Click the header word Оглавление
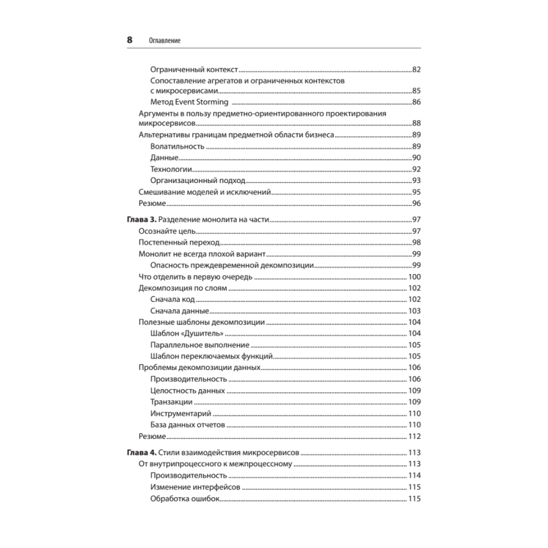[164, 41]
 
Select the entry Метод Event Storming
[189, 102]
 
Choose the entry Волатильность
[177, 146]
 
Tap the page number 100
[413, 277]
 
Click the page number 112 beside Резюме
[413, 436]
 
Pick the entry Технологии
[170, 169]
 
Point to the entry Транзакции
[171, 402]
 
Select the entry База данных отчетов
[185, 425]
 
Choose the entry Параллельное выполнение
[199, 345]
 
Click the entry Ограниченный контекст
[195, 70]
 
